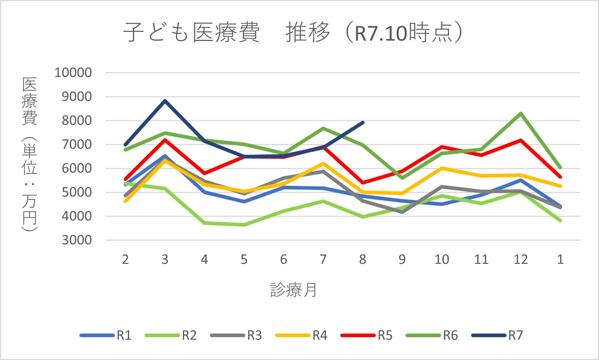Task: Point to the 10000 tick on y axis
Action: click(73, 73)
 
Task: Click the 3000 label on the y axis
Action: click(76, 240)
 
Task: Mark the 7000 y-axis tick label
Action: click(76, 144)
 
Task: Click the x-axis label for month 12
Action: click(521, 260)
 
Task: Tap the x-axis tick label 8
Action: click(362, 260)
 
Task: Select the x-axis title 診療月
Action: click(293, 290)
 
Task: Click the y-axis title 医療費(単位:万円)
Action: click(29, 154)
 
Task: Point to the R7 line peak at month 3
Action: click(165, 100)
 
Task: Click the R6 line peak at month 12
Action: click(521, 113)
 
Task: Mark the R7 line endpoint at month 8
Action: click(363, 123)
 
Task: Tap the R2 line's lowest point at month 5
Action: click(244, 225)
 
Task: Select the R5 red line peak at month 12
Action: click(521, 140)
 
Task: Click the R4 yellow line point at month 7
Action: click(323, 164)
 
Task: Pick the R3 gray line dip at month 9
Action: click(402, 212)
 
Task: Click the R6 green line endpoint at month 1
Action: click(560, 168)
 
